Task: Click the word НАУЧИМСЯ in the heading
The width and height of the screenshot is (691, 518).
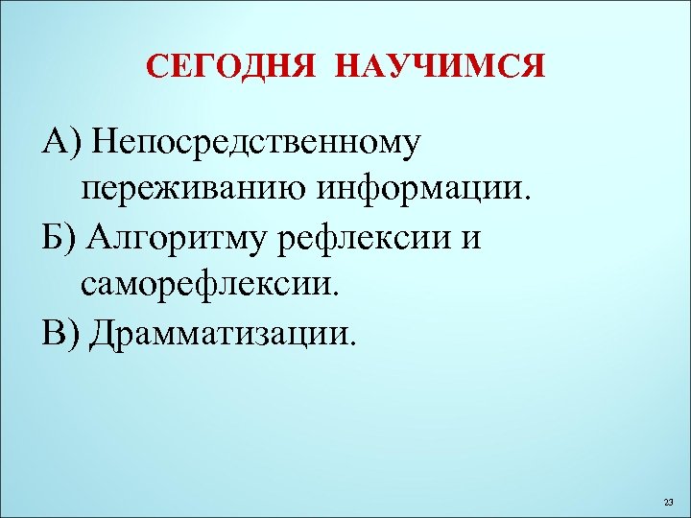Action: (441, 67)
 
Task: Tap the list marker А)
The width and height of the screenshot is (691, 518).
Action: (60, 142)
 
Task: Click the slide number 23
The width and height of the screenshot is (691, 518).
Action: (669, 503)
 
